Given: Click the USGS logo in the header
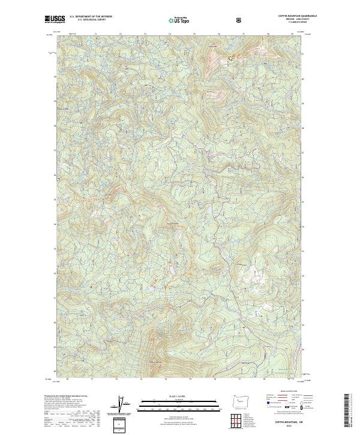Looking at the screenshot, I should coord(55,20).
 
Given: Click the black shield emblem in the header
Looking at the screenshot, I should coord(240,20).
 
